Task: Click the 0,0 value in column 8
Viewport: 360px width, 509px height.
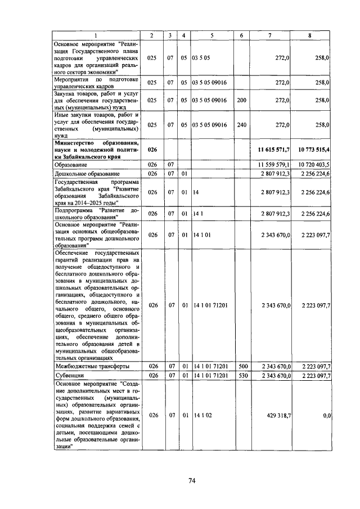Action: click(326, 415)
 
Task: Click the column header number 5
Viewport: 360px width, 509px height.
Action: click(211, 35)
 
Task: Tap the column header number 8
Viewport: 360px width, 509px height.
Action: click(310, 35)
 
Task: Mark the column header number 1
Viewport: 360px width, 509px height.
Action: click(95, 35)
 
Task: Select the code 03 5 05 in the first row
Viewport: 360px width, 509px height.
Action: click(201, 58)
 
